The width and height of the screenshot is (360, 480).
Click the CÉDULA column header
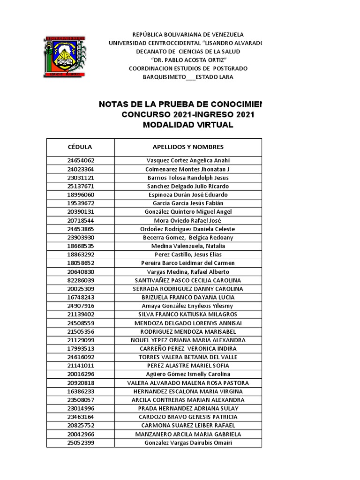click(x=80, y=147)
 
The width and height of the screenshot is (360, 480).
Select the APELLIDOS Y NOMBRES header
click(x=188, y=147)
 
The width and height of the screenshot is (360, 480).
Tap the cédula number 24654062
click(x=80, y=160)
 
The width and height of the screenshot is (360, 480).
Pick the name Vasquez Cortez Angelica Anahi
click(x=188, y=160)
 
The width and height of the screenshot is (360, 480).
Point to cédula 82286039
click(x=80, y=280)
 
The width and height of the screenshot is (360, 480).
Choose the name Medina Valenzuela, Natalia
click(x=188, y=246)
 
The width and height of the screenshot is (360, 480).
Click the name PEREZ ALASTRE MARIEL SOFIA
click(x=188, y=366)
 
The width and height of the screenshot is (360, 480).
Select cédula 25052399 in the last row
click(x=80, y=443)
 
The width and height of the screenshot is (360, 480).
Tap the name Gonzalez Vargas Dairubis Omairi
click(x=188, y=443)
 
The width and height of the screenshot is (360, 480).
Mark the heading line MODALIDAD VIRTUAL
click(x=188, y=125)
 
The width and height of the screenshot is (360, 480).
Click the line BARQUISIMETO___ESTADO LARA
click(x=188, y=77)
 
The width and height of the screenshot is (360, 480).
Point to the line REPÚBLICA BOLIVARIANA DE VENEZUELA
click(x=188, y=35)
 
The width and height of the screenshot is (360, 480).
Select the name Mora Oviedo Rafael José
click(x=188, y=220)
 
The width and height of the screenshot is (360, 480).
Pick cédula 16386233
click(x=80, y=391)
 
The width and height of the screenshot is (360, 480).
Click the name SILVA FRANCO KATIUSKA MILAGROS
click(x=188, y=314)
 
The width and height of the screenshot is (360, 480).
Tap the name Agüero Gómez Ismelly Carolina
click(x=188, y=374)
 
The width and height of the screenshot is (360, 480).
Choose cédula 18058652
click(x=80, y=263)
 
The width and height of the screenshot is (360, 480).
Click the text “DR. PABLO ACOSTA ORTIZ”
click(x=188, y=60)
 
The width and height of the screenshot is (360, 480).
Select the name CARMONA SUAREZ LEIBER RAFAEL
click(x=188, y=426)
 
